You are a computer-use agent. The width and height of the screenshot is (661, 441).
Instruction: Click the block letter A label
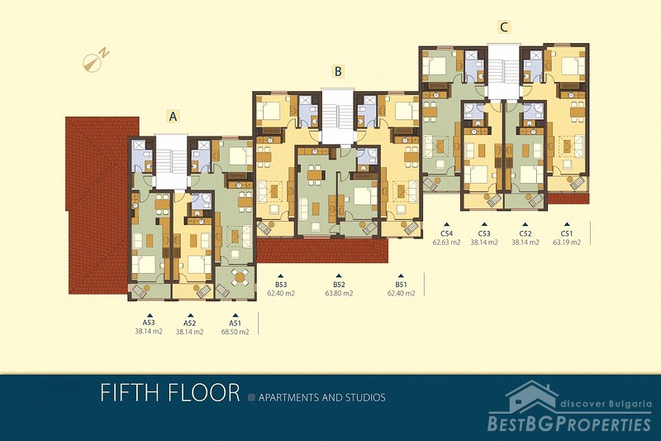point(173,116)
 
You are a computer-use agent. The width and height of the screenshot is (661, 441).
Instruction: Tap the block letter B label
point(338,71)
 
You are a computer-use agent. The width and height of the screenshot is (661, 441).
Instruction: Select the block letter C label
point(504,27)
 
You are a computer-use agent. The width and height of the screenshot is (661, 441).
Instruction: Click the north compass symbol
point(96,60)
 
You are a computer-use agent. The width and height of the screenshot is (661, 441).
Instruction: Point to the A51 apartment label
point(235,323)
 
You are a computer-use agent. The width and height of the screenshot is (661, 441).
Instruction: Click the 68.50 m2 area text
point(235,332)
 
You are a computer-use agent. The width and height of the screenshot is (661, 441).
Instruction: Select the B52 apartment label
point(339,285)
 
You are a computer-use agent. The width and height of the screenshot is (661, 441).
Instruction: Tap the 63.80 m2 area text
point(339,293)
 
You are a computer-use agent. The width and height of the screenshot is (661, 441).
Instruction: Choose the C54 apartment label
point(447,233)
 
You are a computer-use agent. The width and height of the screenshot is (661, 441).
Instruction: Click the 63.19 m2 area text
point(567,242)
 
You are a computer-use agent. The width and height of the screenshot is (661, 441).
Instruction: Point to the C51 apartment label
point(567,233)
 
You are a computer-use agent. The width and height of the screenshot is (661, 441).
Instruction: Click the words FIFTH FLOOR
point(170,393)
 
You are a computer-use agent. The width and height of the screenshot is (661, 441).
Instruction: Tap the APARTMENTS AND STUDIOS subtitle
point(321,397)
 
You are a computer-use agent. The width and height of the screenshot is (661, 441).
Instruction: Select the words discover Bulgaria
point(606,404)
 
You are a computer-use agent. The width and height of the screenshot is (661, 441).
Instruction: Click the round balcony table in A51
point(240,277)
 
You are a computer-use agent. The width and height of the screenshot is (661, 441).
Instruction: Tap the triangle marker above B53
point(281,276)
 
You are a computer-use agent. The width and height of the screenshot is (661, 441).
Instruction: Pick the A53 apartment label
point(149,323)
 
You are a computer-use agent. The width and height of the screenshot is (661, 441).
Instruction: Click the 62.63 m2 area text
point(447,242)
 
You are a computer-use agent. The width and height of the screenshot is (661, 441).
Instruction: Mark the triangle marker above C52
point(525,225)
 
